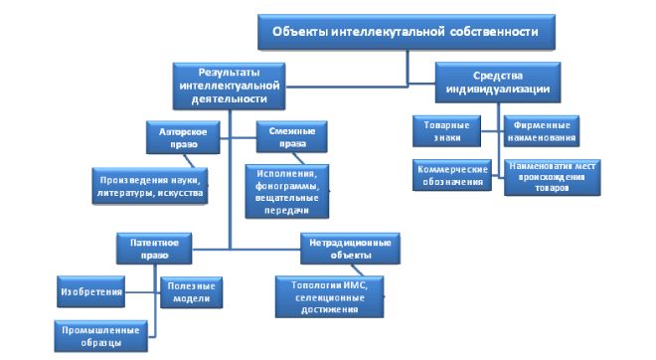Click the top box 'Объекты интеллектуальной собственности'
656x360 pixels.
coord(407,31)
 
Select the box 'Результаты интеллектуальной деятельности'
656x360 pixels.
coord(228,85)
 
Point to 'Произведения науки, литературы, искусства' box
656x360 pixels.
coord(150,185)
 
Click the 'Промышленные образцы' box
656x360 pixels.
coord(102,335)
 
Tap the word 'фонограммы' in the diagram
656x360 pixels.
coord(287,190)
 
